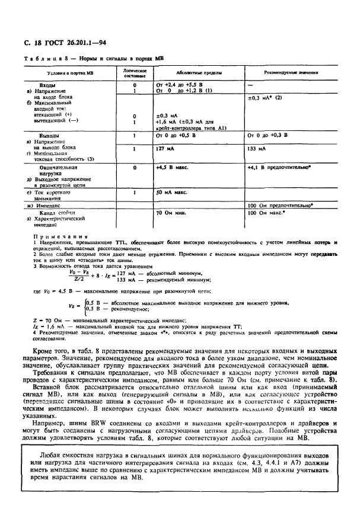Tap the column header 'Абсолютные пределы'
click(x=202, y=73)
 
